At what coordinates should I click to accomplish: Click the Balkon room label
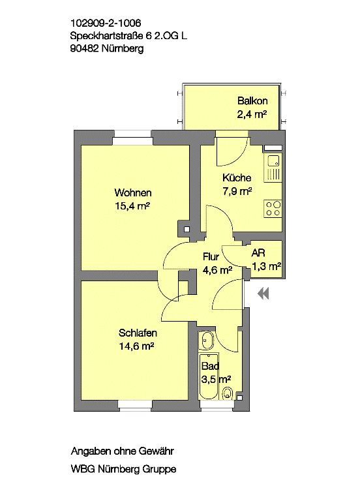252,101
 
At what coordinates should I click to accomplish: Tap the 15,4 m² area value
132,206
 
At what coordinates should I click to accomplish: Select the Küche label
237,177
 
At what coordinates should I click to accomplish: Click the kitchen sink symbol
273,168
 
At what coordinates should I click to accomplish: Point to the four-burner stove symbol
273,209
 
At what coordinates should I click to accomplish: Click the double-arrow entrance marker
263,294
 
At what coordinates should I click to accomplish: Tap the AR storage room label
258,253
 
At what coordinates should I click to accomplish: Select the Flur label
211,256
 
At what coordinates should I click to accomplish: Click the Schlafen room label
138,333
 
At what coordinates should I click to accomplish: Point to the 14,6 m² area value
137,346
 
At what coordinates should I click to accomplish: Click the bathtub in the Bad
209,376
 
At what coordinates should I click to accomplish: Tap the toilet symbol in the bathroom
228,393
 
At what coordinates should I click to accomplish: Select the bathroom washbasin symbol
207,341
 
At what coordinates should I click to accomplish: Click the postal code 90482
84,48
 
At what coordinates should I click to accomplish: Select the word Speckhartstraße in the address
107,36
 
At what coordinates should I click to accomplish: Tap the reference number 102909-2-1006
106,23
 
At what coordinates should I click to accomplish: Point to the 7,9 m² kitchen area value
237,191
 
